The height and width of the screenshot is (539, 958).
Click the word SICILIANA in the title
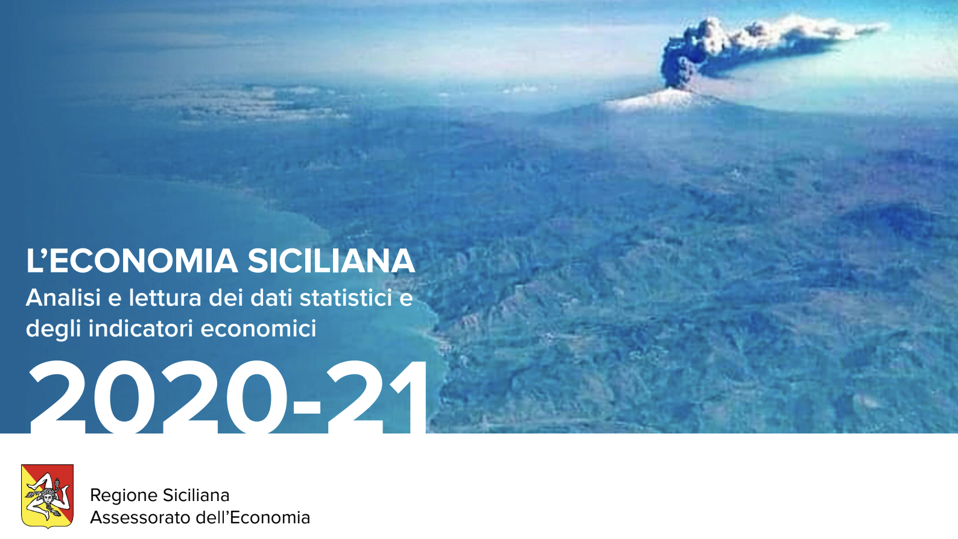[x=331, y=261]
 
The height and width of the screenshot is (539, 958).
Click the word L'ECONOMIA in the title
[x=132, y=261]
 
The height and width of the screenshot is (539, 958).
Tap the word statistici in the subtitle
[x=346, y=298]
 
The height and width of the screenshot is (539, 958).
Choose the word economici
[x=258, y=329]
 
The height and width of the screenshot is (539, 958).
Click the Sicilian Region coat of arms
[x=47, y=496]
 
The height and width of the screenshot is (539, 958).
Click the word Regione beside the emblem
[x=123, y=496]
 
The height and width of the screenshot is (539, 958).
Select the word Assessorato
[x=136, y=517]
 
